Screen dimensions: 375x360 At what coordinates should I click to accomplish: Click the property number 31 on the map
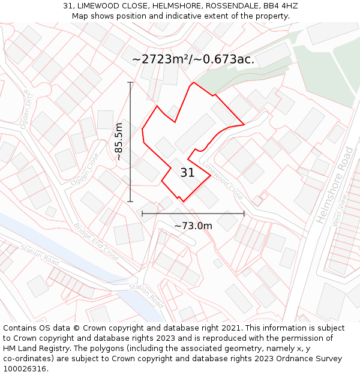point(187,173)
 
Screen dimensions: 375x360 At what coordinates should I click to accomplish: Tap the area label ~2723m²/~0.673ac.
point(193,59)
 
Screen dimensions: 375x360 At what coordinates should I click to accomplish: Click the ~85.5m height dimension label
point(119,142)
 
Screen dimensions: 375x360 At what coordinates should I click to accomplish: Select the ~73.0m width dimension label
point(193,226)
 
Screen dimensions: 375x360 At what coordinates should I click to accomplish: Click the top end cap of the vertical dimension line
point(130,82)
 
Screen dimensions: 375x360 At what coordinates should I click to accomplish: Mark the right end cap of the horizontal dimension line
point(244,213)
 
